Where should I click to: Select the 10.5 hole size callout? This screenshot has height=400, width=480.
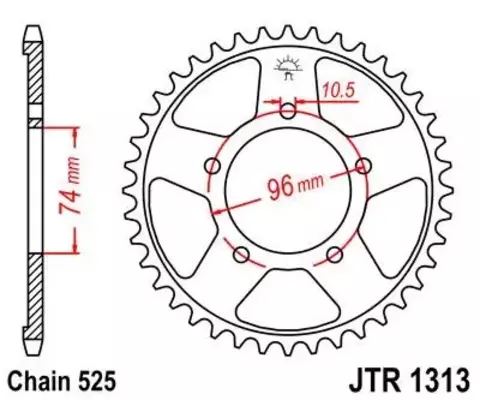tap(338, 91)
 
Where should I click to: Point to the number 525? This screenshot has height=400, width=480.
tap(107, 380)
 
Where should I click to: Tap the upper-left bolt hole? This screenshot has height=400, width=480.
tap(211, 165)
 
